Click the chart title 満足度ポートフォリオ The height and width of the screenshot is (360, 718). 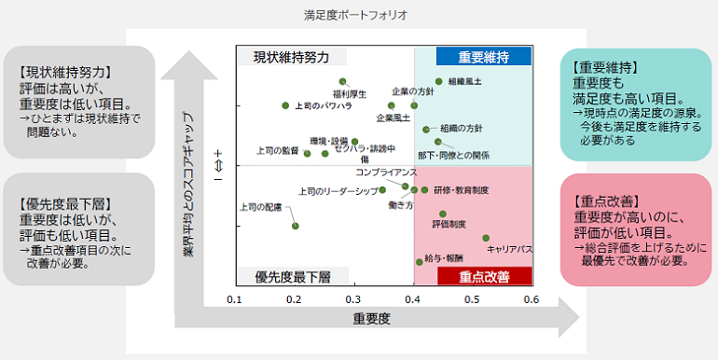pos(356,16)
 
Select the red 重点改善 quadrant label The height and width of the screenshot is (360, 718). pos(484,276)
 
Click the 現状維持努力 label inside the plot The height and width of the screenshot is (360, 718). pos(292,58)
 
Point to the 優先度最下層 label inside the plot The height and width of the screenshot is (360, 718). pos(293,277)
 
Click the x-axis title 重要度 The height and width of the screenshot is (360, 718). pos(371,319)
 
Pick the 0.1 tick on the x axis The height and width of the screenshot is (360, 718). pos(235,299)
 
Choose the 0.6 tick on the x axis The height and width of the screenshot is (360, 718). pos(532,299)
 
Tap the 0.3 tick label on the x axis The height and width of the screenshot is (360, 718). pos(353,299)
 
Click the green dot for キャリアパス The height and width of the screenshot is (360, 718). pos(486,239)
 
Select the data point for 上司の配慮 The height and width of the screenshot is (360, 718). pos(295,226)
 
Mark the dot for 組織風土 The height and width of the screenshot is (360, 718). pos(439,82)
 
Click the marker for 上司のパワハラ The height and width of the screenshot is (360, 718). pos(285,106)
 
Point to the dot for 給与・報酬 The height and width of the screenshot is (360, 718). pos(419,262)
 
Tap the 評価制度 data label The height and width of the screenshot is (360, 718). pos(449,225)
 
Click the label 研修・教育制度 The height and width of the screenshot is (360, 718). pos(462,190)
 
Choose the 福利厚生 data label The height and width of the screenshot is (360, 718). pos(350,94)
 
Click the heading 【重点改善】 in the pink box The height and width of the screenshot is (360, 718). pos(602,201)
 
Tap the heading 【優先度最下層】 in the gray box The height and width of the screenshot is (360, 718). pos(64,202)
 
